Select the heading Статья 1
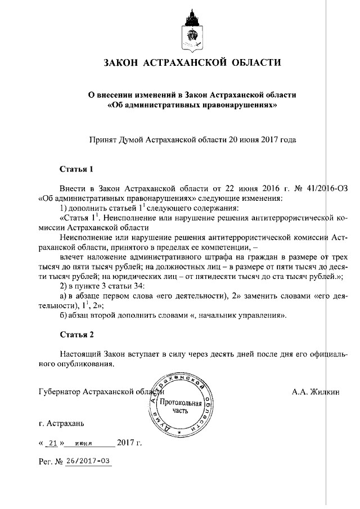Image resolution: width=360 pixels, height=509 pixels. [x=76, y=169]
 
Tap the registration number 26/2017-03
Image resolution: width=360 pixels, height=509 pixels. [x=88, y=461]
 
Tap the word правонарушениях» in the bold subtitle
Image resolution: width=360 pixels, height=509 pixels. [x=232, y=105]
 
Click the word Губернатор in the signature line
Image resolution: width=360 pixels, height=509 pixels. [x=57, y=391]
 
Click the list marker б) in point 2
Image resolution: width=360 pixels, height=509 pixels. [x=64, y=316]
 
